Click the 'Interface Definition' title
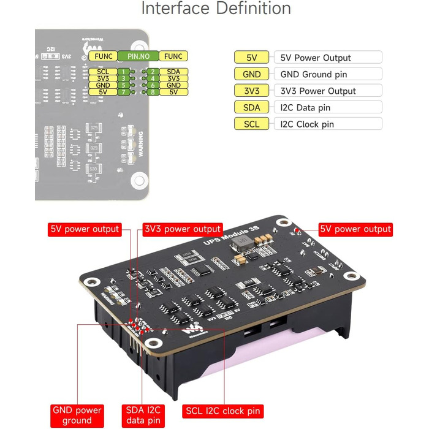click(216, 9)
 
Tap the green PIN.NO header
click(138, 56)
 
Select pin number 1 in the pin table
click(124, 72)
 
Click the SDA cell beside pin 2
click(173, 72)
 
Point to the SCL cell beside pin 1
click(103, 72)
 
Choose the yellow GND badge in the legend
click(251, 74)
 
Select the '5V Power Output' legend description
click(316, 58)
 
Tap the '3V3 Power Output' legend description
click(318, 91)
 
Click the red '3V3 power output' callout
click(181, 229)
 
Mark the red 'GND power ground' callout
click(77, 415)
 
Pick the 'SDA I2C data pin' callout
click(145, 415)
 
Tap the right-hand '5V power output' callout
click(355, 229)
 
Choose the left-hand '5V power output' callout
click(84, 229)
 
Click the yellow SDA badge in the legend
click(251, 107)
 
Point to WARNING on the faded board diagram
click(141, 144)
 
